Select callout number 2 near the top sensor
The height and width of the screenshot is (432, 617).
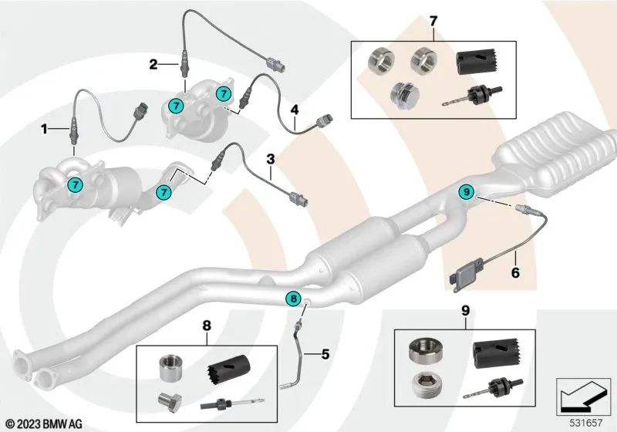153,64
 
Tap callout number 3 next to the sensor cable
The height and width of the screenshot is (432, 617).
271,159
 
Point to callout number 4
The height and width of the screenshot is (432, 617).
294,110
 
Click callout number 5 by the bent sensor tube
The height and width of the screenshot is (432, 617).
325,355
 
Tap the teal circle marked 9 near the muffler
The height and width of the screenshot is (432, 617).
465,191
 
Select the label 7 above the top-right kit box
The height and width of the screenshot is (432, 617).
433,19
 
